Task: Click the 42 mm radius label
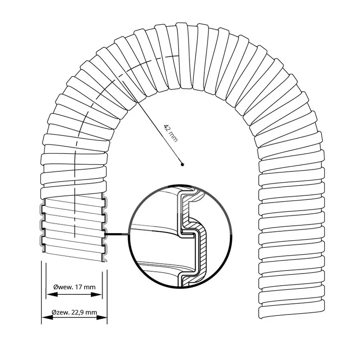click(171, 133)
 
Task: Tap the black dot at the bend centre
click(183, 164)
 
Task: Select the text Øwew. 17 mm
click(74, 287)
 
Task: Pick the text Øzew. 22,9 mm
click(74, 312)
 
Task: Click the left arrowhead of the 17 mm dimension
click(52, 294)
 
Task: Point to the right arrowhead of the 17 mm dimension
click(96, 294)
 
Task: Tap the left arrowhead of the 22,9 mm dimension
click(47, 317)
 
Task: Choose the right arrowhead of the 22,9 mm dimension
click(102, 317)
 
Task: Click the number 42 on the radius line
click(167, 128)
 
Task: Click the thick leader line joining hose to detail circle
click(117, 234)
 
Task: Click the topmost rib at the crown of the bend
click(183, 55)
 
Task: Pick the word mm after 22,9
click(92, 312)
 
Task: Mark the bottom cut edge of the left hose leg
click(73, 256)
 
